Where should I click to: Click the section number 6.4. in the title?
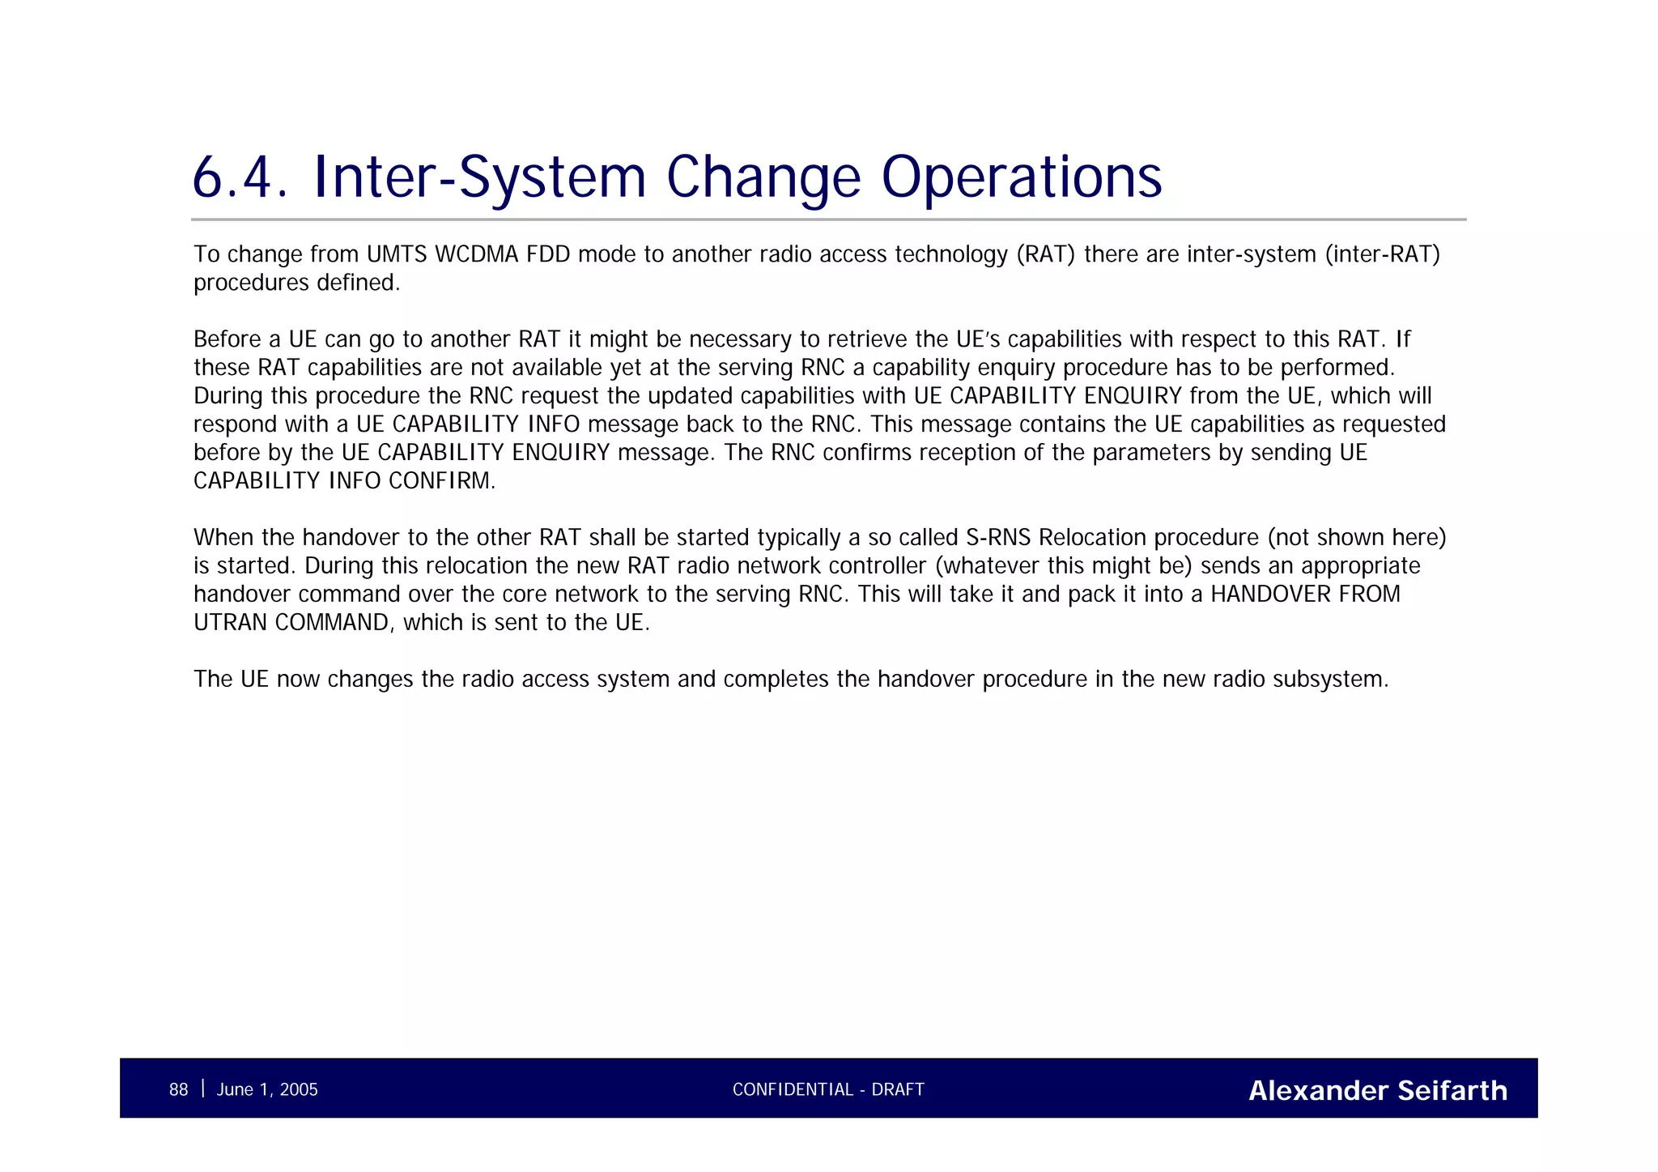[x=240, y=177]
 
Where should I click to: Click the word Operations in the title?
[x=1021, y=177]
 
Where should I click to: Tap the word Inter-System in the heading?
[x=478, y=177]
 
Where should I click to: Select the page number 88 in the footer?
[x=178, y=1090]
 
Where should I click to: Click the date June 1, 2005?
[x=267, y=1090]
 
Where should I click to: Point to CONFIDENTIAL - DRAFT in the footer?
[x=828, y=1090]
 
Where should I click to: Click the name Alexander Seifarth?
[x=1377, y=1091]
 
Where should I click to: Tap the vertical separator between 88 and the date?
[x=202, y=1089]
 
